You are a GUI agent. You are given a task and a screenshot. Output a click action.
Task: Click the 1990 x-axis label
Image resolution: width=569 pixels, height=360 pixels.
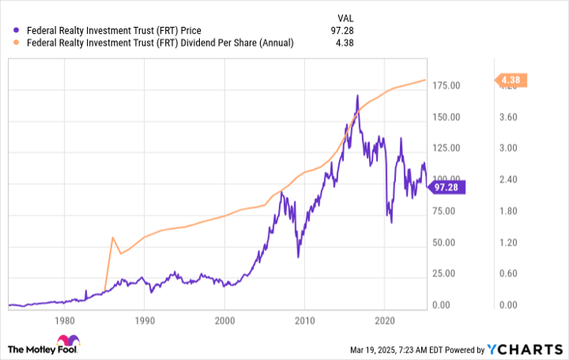[145, 320]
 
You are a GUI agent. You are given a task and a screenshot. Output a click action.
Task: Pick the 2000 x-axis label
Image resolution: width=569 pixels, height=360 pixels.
[225, 320]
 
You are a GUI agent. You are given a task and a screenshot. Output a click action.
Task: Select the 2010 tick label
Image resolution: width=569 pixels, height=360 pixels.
[305, 320]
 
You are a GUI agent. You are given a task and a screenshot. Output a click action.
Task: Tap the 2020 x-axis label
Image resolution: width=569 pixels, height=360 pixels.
[384, 320]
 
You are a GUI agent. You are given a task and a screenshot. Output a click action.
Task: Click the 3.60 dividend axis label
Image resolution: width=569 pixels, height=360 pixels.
[507, 117]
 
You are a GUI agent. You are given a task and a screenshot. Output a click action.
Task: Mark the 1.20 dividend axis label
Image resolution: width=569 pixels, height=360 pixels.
[507, 243]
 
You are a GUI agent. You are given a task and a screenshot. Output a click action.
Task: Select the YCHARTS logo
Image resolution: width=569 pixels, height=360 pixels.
[522, 349]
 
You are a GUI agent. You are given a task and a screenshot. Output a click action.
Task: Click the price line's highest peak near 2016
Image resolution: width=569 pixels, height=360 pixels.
[358, 96]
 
